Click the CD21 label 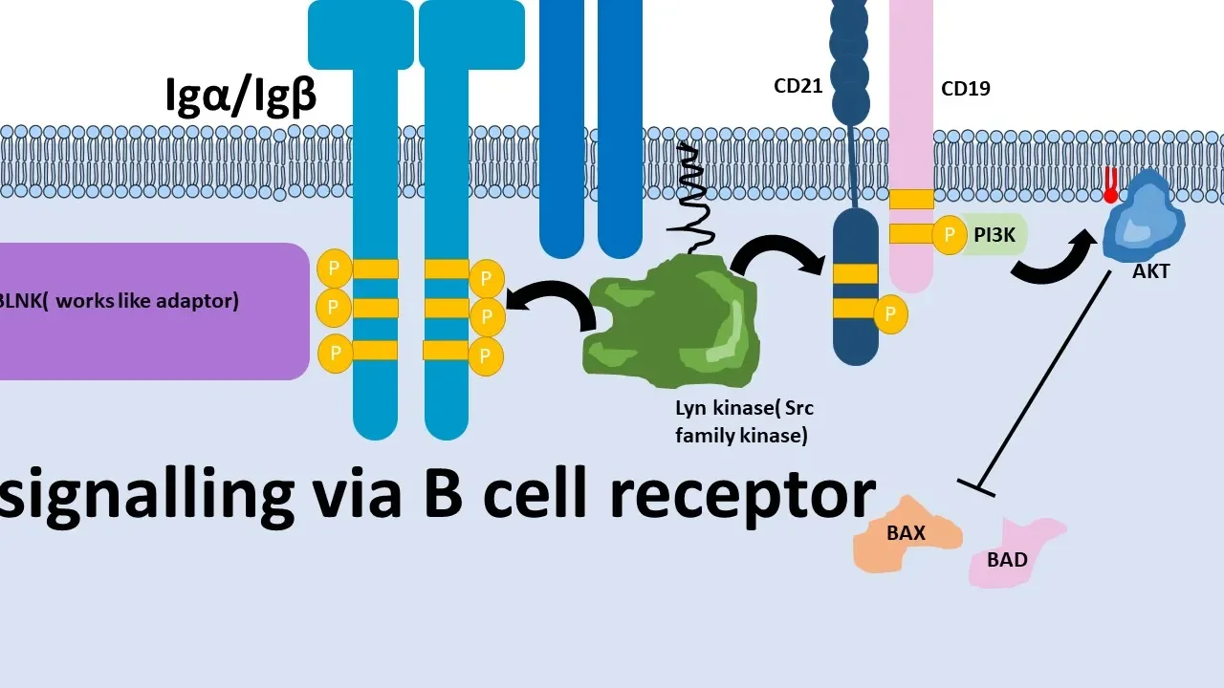pos(798,86)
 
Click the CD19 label pos(965,89)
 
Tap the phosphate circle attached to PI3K pos(950,234)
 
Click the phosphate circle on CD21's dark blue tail pos(890,313)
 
